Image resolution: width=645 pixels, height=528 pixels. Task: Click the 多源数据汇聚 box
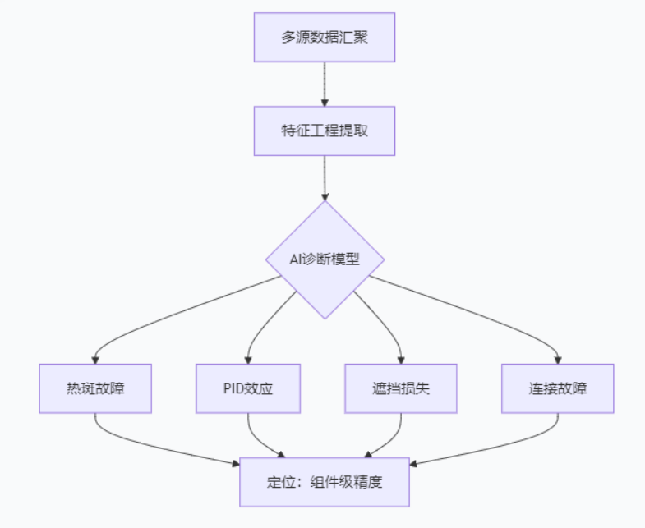point(324,37)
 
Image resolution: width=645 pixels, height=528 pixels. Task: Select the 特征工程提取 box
point(324,131)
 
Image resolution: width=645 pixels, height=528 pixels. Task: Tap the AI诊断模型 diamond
point(325,259)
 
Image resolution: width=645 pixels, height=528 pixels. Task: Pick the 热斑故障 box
point(95,388)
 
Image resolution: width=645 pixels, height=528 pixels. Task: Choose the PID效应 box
point(247,388)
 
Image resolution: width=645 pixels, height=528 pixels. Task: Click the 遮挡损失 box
point(400,388)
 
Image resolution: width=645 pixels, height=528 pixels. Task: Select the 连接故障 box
point(558,388)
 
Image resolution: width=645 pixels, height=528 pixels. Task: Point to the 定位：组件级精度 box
point(325,482)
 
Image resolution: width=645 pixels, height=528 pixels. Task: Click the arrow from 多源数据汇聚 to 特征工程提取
point(325,84)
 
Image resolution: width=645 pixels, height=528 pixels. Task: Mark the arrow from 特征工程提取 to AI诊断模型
point(325,177)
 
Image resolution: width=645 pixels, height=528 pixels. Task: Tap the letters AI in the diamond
point(297,259)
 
